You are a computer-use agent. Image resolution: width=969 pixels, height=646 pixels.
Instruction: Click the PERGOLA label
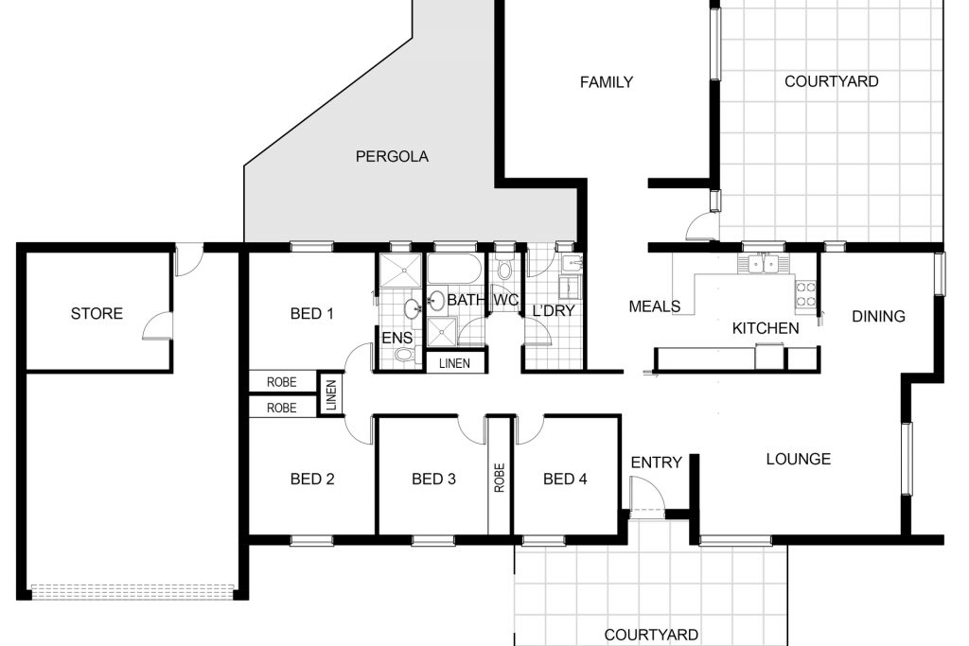[392, 156]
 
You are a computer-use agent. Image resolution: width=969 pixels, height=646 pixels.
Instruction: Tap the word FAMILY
[607, 82]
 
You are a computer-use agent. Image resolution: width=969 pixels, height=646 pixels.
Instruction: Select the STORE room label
[97, 314]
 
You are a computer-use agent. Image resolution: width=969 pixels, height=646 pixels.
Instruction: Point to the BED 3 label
[433, 479]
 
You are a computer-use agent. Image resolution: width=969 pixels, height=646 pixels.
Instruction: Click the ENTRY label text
[657, 462]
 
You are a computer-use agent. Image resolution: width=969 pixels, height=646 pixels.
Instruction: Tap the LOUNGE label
[799, 459]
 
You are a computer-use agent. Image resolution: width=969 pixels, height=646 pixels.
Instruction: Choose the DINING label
[878, 316]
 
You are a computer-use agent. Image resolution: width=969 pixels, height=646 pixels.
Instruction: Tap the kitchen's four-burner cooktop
[805, 294]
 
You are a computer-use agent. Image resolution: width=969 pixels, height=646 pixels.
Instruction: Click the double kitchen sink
[763, 264]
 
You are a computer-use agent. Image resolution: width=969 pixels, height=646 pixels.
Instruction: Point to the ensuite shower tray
[400, 270]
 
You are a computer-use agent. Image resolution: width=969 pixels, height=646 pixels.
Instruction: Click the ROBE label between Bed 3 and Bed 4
[500, 478]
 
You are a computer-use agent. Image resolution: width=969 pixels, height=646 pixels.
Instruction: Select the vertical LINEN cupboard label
[331, 395]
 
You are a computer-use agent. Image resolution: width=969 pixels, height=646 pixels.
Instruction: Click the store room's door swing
[157, 326]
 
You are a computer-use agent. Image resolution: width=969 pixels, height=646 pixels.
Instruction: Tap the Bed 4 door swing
[530, 430]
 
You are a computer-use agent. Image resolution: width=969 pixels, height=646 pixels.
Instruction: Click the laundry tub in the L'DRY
[572, 263]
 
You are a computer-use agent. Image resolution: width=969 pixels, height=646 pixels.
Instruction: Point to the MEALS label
[655, 306]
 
